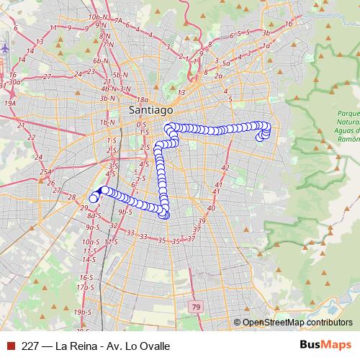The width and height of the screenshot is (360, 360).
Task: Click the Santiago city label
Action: [150, 110]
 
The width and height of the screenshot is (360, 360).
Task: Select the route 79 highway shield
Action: [197, 307]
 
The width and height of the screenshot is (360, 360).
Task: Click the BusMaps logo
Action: [326, 345]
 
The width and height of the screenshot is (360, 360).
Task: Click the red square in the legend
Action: [9, 346]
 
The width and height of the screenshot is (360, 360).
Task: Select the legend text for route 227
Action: [96, 346]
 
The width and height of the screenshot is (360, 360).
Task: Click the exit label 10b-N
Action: [94, 16]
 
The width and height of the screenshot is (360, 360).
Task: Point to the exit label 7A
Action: [118, 22]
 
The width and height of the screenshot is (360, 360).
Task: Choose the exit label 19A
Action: [10, 103]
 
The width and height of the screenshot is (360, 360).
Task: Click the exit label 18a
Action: [142, 100]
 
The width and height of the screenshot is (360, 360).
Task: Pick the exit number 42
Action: [225, 168]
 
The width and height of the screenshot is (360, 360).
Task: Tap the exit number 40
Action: [211, 208]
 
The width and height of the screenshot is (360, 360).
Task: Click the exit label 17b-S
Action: [86, 287]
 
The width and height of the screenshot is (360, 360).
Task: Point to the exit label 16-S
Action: [86, 277]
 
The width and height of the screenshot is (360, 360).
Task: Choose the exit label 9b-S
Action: [125, 212]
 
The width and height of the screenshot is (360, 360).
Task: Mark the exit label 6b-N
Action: [100, 61]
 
